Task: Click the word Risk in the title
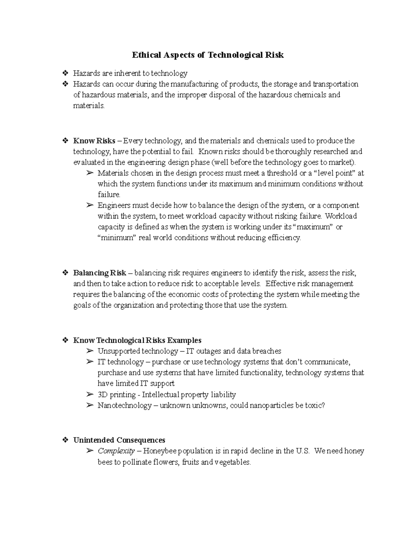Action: coord(275,55)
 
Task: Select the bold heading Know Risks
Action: coord(94,141)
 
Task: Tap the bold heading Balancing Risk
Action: coord(99,273)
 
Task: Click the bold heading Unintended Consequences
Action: coord(119,440)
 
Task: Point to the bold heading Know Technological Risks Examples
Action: coord(137,340)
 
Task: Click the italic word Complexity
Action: coord(116,451)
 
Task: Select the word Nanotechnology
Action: coord(124,405)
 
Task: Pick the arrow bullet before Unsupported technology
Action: coord(90,351)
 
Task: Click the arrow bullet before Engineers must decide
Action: coord(90,205)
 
